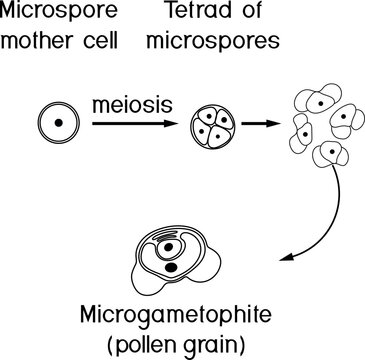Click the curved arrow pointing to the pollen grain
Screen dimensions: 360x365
[330, 215]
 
